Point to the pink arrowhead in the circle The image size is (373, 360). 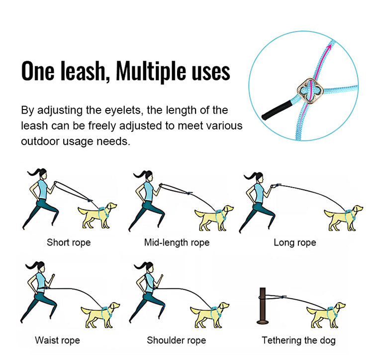pos(328,45)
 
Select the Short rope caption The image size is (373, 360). pos(69,242)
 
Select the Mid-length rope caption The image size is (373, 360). pos(177,242)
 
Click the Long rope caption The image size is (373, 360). pos(294,242)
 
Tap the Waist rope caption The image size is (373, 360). pos(57,341)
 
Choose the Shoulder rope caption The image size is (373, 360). pos(176,341)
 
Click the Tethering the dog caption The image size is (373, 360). pos(298,341)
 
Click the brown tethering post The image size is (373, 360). pos(263,307)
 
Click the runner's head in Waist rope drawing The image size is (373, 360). pos(41,265)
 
